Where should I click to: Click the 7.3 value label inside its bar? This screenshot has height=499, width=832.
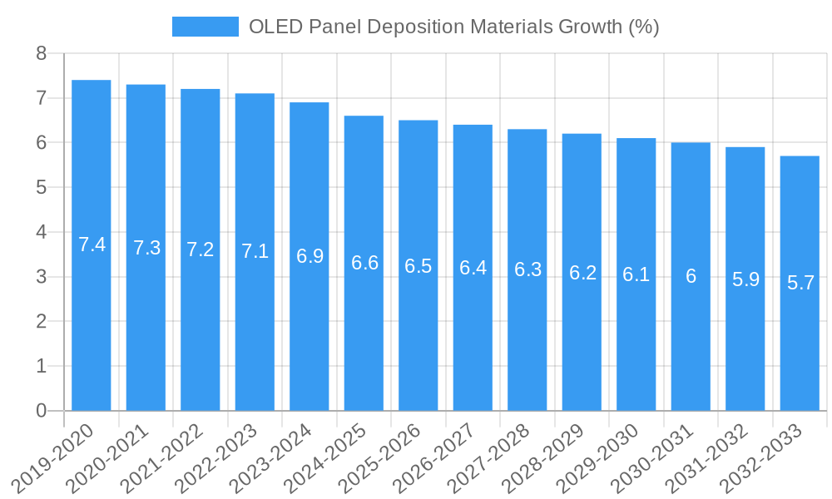point(146,248)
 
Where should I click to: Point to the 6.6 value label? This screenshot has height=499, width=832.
point(364,264)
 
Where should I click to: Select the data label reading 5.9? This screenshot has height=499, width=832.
point(745,279)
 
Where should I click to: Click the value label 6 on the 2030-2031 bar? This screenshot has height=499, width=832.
point(691,277)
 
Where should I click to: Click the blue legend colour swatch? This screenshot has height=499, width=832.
point(205,27)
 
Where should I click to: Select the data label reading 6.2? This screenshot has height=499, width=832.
point(582,273)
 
